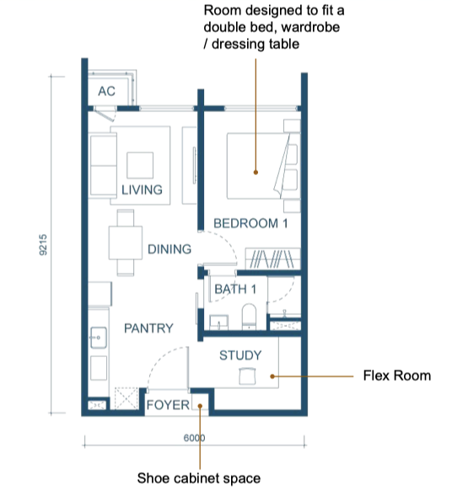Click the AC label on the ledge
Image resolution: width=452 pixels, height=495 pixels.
[106, 91]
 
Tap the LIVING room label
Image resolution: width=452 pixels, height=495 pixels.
[142, 189]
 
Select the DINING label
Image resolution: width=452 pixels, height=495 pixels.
[169, 249]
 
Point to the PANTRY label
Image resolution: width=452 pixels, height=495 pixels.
[148, 328]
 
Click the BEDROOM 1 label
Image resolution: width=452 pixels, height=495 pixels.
[250, 224]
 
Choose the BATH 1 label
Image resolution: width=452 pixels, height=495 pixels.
[235, 290]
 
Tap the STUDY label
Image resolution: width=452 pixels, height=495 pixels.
[240, 355]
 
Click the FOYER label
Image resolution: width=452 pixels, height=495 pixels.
[168, 405]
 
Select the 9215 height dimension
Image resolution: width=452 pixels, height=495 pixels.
[43, 245]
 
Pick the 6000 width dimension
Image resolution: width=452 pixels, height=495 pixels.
[194, 438]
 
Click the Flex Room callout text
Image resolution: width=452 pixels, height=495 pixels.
[397, 375]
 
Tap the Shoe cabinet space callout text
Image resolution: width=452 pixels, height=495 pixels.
[199, 478]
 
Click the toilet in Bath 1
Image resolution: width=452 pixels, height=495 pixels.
[249, 317]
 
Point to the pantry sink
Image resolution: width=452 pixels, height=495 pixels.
[99, 338]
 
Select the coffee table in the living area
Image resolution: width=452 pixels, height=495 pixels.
[140, 165]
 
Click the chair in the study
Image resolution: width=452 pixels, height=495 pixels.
[247, 375]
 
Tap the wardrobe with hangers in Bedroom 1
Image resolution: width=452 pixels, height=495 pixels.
[272, 259]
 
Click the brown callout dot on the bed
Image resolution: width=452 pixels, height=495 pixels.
[256, 173]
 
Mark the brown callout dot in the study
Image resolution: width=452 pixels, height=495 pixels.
[272, 376]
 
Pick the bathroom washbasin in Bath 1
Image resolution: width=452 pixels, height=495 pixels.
[219, 322]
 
